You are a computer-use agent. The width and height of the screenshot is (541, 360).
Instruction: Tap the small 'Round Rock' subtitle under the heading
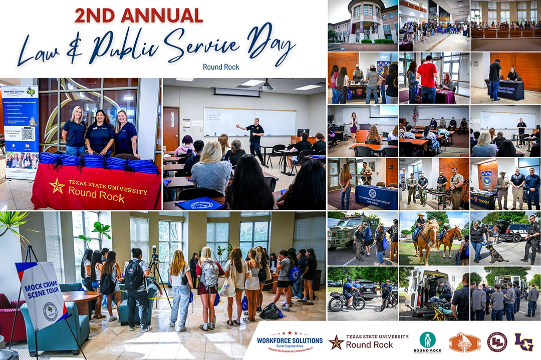pyautogui.click(x=221, y=67)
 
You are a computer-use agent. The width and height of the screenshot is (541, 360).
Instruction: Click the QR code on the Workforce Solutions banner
pyautogui.click(x=28, y=133)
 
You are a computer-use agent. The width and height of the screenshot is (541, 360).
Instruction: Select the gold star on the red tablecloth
pyautogui.click(x=57, y=186)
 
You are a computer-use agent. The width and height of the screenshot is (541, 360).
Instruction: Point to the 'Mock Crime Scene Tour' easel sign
pyautogui.click(x=42, y=295)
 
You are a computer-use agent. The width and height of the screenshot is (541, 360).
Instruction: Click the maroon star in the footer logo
pyautogui.click(x=336, y=342)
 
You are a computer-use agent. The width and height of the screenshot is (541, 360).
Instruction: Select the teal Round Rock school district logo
pyautogui.click(x=427, y=342)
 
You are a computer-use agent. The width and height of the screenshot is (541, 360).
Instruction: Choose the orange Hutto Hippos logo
pyautogui.click(x=464, y=342)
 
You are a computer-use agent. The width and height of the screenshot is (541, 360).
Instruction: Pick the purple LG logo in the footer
pyautogui.click(x=523, y=342)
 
